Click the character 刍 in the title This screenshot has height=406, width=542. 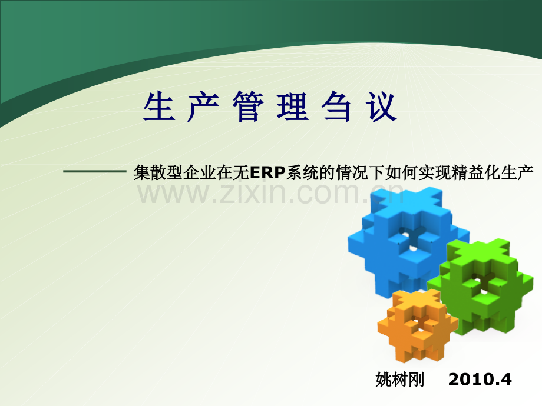(339, 108)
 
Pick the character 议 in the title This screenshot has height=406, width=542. (384, 108)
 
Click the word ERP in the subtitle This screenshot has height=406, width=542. (267, 172)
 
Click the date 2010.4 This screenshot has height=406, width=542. (480, 380)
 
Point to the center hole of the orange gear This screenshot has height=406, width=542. (419, 322)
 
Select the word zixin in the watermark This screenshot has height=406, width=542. (253, 193)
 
